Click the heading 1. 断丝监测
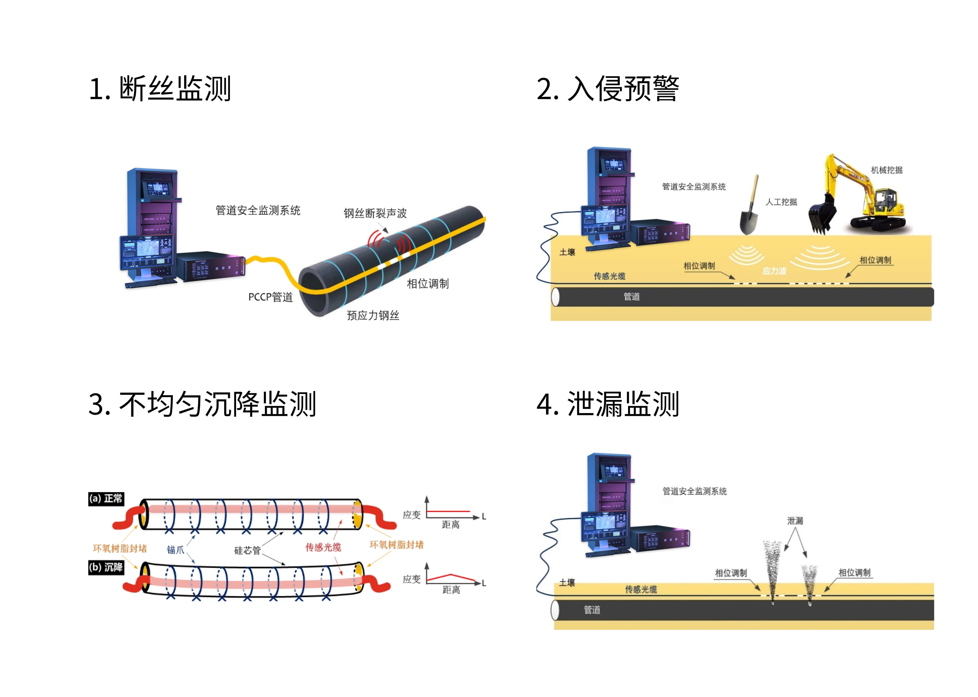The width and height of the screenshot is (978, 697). [x=160, y=88]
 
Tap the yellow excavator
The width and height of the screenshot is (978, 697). [x=863, y=195]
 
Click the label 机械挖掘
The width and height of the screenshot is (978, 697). [x=886, y=170]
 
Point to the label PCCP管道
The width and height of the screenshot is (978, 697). [x=270, y=297]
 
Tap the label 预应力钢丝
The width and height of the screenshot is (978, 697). [x=373, y=315]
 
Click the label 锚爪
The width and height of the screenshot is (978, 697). [x=175, y=550]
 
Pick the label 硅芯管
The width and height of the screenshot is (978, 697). [x=247, y=550]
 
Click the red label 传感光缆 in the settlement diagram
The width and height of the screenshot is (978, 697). [x=323, y=547]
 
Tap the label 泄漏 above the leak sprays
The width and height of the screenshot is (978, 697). [x=795, y=521]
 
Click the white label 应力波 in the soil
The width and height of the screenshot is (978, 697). [x=774, y=271]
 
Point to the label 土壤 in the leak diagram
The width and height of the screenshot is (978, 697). [x=567, y=582]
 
